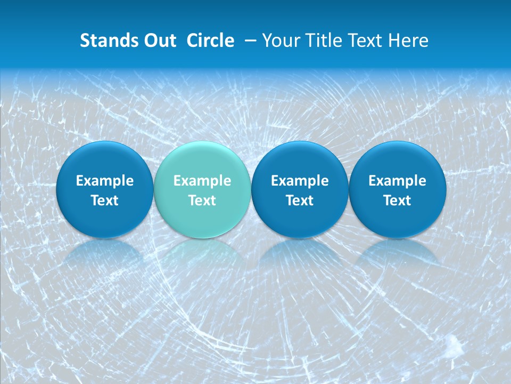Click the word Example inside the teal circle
coord(202,181)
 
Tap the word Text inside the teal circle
coord(202,201)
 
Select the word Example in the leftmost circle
coord(104,181)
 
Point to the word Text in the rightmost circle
coord(398,201)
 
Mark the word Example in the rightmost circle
coord(398,181)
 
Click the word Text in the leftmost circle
coord(104,201)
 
